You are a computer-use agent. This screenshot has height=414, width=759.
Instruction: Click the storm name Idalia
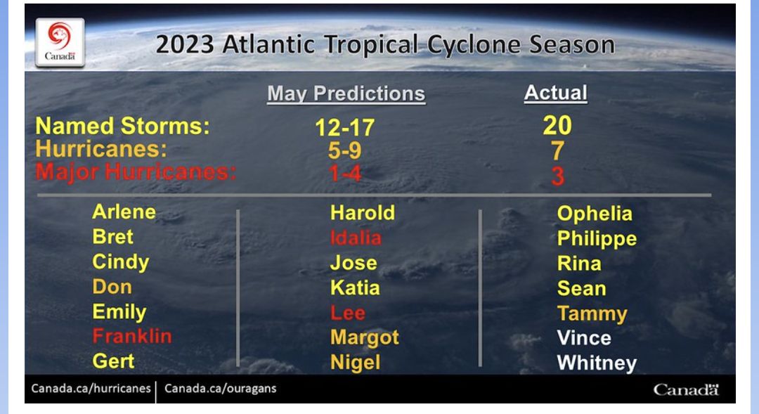pyautogui.click(x=356, y=238)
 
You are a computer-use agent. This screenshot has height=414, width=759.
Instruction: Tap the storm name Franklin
pyautogui.click(x=132, y=336)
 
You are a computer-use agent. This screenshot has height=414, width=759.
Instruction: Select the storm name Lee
pyautogui.click(x=348, y=312)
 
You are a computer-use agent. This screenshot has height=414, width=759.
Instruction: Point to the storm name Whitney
pyautogui.click(x=597, y=363)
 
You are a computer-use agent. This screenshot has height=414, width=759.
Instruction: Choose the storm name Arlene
pyautogui.click(x=124, y=212)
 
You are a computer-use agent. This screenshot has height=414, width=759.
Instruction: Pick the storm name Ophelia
pyautogui.click(x=595, y=214)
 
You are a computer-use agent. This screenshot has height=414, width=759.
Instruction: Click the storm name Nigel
pyautogui.click(x=356, y=363)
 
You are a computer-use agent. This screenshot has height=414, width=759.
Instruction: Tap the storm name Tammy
pyautogui.click(x=592, y=313)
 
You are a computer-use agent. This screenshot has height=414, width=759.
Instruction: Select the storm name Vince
pyautogui.click(x=584, y=337)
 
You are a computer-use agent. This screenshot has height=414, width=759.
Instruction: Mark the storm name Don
pyautogui.click(x=112, y=287)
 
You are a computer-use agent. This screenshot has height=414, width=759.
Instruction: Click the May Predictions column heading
pyautogui.click(x=346, y=94)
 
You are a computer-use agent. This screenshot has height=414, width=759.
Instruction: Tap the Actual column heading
pyautogui.click(x=556, y=93)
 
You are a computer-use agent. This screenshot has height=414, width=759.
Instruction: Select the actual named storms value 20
pyautogui.click(x=557, y=125)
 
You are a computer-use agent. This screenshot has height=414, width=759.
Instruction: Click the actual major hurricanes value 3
pyautogui.click(x=557, y=176)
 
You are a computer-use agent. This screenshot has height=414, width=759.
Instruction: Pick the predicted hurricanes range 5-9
pyautogui.click(x=344, y=150)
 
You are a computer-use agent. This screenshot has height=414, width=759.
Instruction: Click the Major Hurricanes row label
pyautogui.click(x=136, y=172)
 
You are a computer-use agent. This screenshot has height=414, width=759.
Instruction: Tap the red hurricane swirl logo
pyautogui.click(x=60, y=35)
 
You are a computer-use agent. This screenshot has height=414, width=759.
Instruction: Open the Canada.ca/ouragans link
pyautogui.click(x=220, y=389)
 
